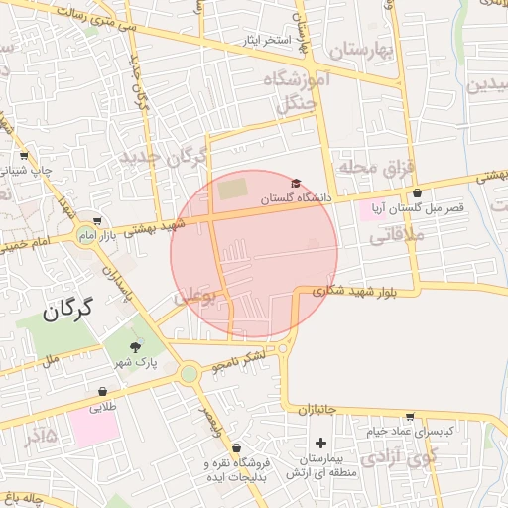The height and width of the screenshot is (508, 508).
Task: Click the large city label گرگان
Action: [x=66, y=311]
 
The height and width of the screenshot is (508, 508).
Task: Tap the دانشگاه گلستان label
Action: [x=293, y=199]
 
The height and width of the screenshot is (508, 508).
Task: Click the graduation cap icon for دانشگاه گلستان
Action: [x=295, y=183]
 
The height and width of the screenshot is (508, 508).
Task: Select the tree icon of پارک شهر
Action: [x=136, y=346]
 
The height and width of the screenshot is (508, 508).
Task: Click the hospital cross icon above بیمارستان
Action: [x=319, y=443]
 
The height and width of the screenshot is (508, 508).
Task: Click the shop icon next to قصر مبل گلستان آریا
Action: [x=417, y=193]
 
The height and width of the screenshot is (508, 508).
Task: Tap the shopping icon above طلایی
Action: [x=103, y=391]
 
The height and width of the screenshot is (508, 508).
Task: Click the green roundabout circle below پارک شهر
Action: [x=189, y=374]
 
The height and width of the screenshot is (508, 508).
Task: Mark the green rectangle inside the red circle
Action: [x=232, y=187]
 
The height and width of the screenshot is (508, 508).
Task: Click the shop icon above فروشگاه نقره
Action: [x=235, y=448]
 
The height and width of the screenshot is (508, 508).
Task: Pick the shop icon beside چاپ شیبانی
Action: [x=24, y=155]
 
